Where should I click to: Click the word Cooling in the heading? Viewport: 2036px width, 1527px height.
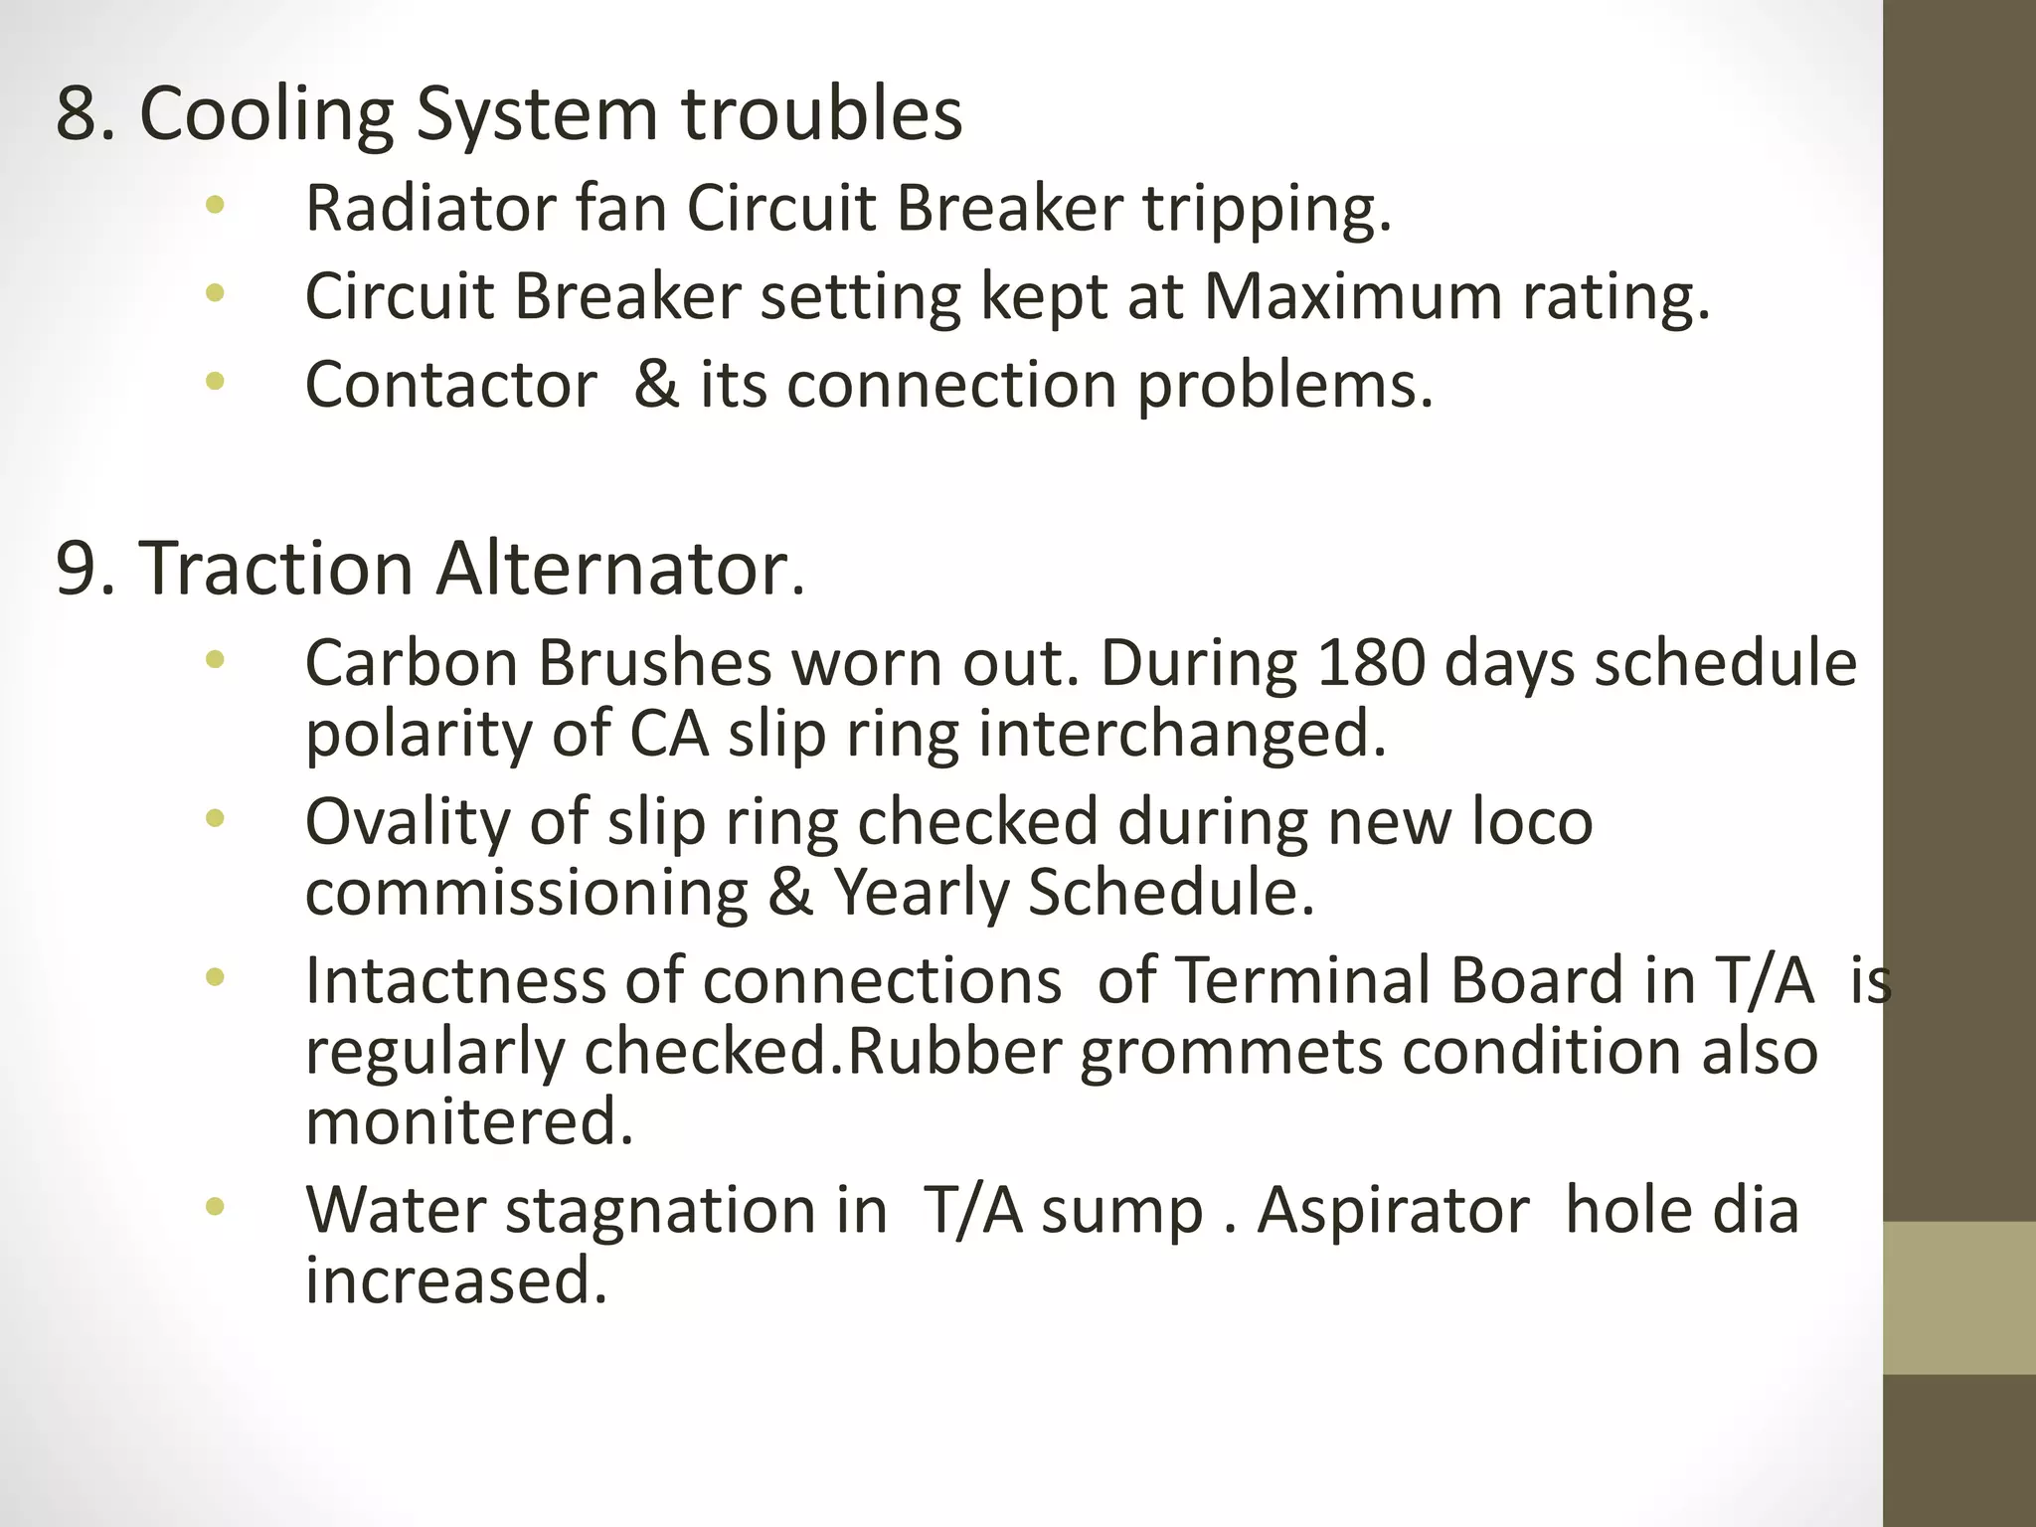coord(266,114)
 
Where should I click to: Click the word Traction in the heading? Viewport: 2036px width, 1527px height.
coord(275,570)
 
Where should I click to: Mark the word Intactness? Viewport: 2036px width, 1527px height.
coord(454,981)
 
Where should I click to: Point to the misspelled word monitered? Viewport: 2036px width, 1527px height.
coord(468,1122)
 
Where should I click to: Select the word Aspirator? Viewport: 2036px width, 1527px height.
coord(1393,1211)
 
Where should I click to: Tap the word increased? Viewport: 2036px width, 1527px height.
coord(455,1280)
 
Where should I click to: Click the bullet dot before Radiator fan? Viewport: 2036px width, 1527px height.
coord(215,206)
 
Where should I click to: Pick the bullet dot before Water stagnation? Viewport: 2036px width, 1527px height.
coord(215,1208)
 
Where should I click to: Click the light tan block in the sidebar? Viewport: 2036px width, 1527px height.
coord(1959,1298)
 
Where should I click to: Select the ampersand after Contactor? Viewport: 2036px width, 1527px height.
coord(656,385)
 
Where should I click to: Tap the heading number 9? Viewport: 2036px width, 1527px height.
coord(77,570)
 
